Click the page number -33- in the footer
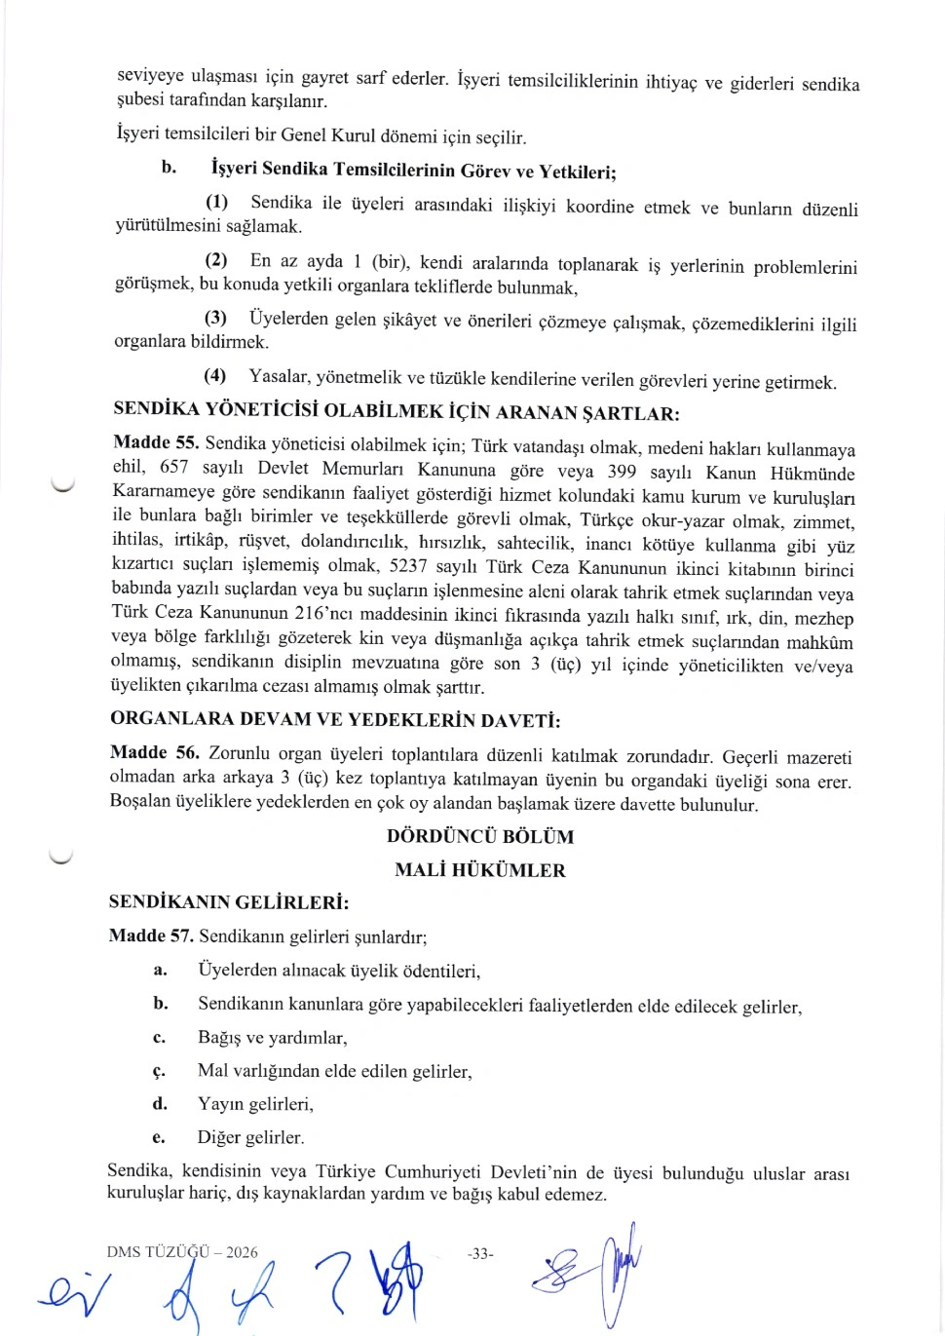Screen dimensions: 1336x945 [x=480, y=1253]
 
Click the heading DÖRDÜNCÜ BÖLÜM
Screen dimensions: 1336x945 [x=480, y=836]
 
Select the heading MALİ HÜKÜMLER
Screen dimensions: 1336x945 [x=479, y=869]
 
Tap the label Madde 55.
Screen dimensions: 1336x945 [x=156, y=443]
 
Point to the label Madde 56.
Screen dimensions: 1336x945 [x=154, y=752]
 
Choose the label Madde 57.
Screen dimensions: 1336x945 [x=151, y=935]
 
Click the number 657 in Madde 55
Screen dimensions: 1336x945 [x=173, y=468]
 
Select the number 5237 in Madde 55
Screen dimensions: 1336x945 [x=407, y=566]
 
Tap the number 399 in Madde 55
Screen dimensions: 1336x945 [x=622, y=473]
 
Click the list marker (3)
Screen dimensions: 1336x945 [x=215, y=318]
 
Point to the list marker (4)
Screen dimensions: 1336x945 [x=214, y=375]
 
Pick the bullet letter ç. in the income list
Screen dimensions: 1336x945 [x=159, y=1071]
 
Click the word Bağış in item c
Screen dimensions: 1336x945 [x=219, y=1038]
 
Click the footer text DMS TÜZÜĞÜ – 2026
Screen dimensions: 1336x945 [x=182, y=1252]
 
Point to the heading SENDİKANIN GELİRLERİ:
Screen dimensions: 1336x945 [x=229, y=902]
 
